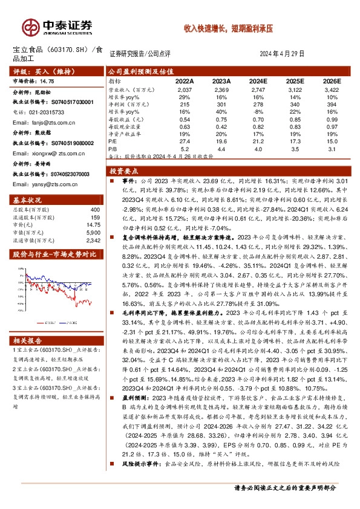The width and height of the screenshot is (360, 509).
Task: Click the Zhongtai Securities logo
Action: [x=57, y=27]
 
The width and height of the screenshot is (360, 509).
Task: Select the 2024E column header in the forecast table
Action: [x=258, y=80]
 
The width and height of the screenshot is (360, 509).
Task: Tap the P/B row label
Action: [x=113, y=148]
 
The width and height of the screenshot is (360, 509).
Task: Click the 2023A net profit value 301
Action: [x=222, y=104]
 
